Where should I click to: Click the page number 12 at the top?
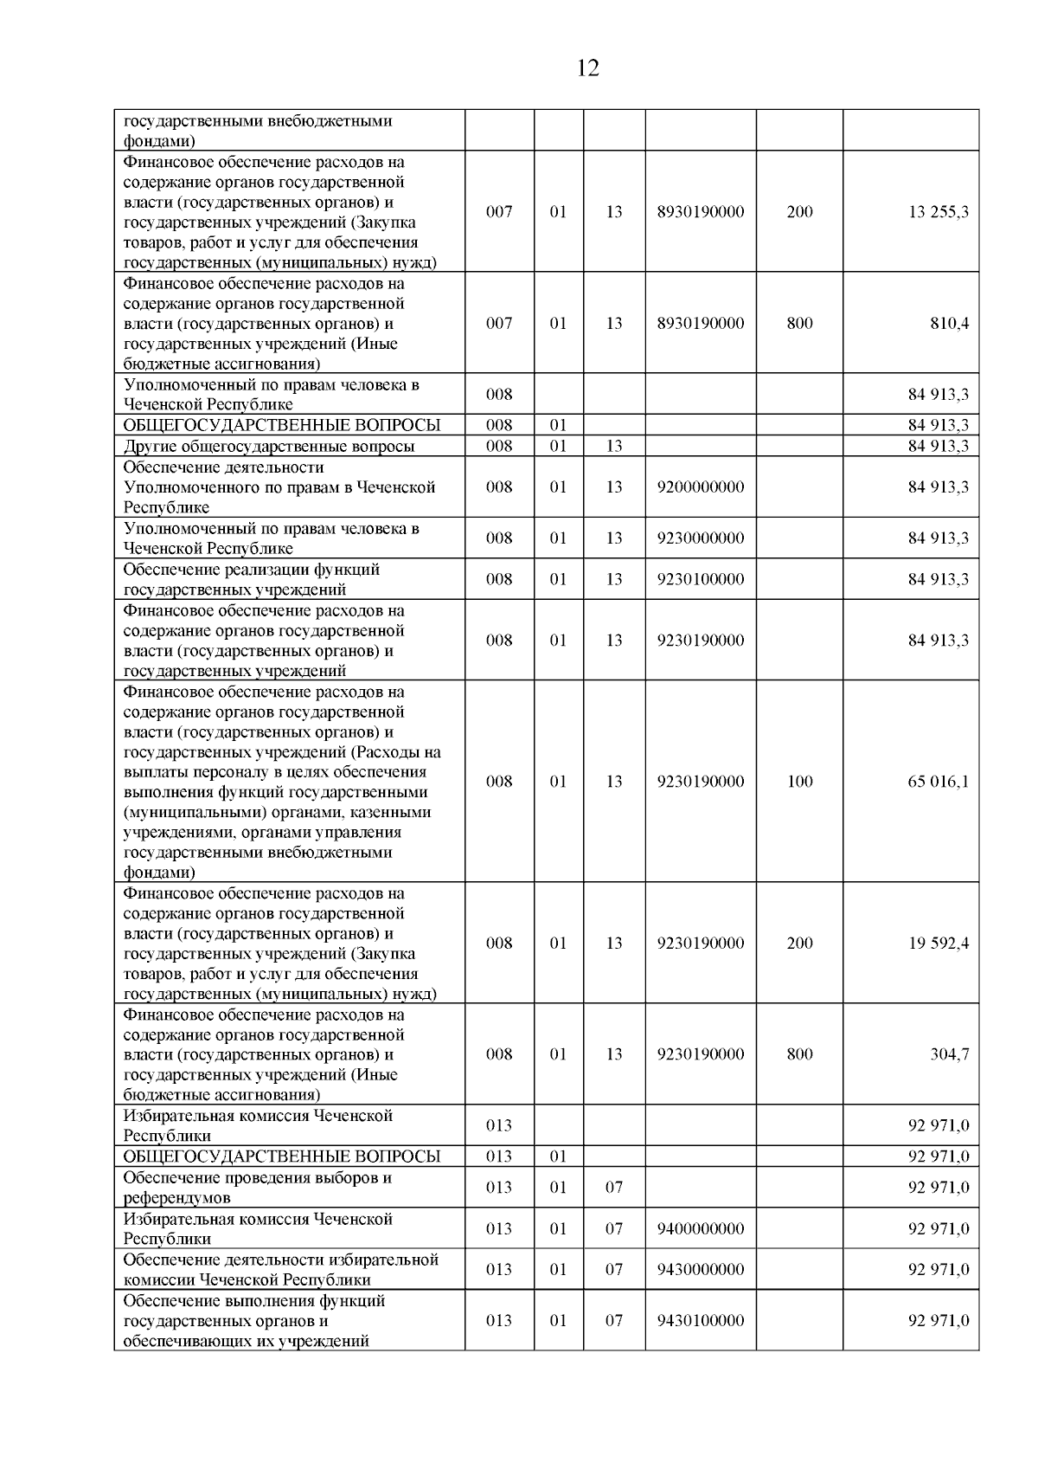(x=587, y=68)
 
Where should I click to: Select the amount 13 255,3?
(x=938, y=212)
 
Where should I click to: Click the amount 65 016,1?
(x=938, y=782)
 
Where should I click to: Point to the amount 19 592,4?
(x=938, y=943)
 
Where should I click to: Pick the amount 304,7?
(x=949, y=1054)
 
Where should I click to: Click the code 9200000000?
(x=700, y=487)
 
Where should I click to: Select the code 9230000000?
(x=700, y=538)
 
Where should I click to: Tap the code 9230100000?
(x=700, y=579)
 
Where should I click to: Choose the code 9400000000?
(x=700, y=1228)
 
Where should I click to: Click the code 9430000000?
(x=700, y=1270)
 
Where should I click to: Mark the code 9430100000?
(x=700, y=1321)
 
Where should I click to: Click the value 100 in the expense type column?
(x=799, y=782)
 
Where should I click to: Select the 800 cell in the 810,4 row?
(x=799, y=323)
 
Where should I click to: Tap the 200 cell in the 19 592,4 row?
(x=799, y=943)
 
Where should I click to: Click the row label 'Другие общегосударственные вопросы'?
(x=269, y=447)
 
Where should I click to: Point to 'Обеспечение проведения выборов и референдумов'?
(x=258, y=1188)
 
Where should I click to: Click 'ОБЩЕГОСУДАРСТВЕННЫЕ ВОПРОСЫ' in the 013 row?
(x=282, y=1157)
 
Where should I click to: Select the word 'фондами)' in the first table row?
(x=159, y=141)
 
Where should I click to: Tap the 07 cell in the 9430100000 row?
(x=613, y=1321)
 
